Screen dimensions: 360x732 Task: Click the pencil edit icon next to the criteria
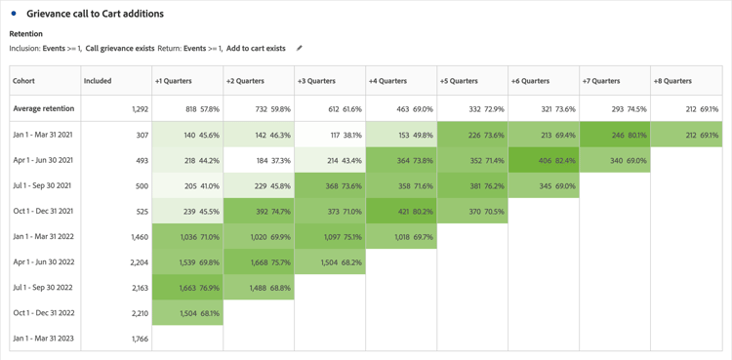(300, 48)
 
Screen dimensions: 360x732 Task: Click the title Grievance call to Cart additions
(95, 14)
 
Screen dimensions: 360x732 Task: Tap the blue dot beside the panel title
(14, 14)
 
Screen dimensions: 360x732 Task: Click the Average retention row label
(44, 109)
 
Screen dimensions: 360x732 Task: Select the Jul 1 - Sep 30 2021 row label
(44, 185)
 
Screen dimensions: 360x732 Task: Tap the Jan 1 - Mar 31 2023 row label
(44, 339)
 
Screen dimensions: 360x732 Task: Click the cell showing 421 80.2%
(401, 211)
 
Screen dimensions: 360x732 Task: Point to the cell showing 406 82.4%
(544, 160)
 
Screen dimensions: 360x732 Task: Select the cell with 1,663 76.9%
(188, 288)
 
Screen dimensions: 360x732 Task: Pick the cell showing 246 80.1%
(615, 136)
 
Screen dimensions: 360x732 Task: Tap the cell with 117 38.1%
(330, 136)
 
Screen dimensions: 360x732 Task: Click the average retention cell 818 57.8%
(188, 109)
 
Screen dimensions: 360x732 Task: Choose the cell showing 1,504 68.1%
(188, 313)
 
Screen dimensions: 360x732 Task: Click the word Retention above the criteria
(26, 34)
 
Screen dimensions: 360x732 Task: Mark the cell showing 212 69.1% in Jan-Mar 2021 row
(686, 136)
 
